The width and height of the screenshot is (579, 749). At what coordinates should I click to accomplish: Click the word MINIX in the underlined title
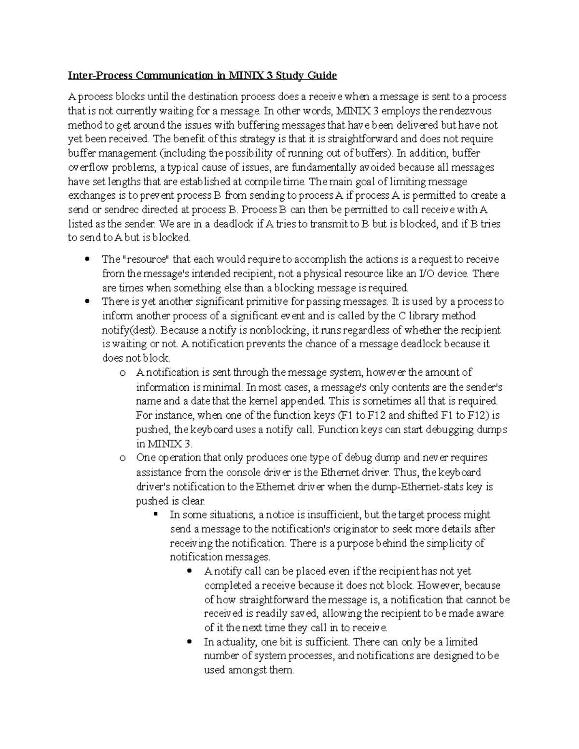point(244,76)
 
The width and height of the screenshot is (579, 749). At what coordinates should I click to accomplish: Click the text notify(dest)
point(129,330)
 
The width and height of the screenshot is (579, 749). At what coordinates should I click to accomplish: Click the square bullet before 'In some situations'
point(156,515)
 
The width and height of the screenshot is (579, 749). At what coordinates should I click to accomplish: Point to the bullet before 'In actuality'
point(190,642)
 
